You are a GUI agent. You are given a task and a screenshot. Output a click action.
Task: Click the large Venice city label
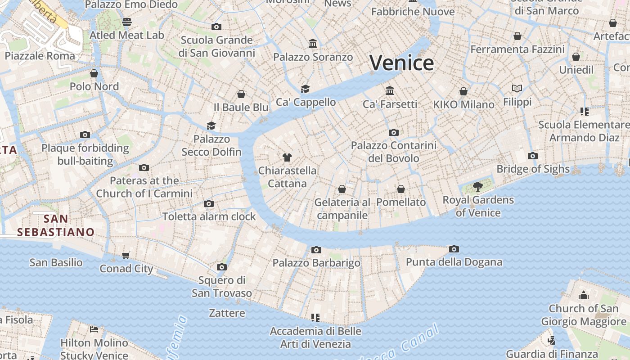(401, 63)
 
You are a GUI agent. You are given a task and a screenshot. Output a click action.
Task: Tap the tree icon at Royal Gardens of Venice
(478, 186)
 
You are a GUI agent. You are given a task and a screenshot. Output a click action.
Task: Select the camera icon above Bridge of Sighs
(533, 156)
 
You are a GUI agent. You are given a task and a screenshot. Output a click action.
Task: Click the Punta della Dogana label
(454, 262)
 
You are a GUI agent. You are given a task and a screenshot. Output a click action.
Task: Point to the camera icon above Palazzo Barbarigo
(316, 250)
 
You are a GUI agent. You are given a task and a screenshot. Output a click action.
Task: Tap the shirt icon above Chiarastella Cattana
(287, 157)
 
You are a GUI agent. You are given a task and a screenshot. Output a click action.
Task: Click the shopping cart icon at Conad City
(126, 255)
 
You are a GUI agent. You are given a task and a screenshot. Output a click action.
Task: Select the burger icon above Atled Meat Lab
(127, 22)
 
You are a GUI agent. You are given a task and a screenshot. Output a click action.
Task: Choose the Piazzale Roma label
(40, 56)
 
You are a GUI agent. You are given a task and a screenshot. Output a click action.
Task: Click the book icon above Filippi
(517, 89)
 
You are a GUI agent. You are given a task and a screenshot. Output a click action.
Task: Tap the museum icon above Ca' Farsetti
(390, 91)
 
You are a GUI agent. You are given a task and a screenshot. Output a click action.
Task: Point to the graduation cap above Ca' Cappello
(306, 89)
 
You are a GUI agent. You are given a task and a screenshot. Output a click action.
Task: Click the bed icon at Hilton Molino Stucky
(94, 329)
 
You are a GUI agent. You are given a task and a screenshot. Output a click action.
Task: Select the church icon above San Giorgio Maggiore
(584, 295)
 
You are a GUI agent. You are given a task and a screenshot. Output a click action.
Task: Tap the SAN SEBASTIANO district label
(56, 225)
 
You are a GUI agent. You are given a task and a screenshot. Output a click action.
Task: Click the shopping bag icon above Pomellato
(401, 189)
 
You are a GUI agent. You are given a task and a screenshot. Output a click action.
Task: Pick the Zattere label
(227, 313)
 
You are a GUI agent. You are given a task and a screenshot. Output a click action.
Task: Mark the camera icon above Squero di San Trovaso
(221, 267)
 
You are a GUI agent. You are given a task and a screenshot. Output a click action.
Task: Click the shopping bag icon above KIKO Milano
(463, 92)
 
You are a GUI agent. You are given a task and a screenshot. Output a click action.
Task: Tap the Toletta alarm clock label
(209, 216)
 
